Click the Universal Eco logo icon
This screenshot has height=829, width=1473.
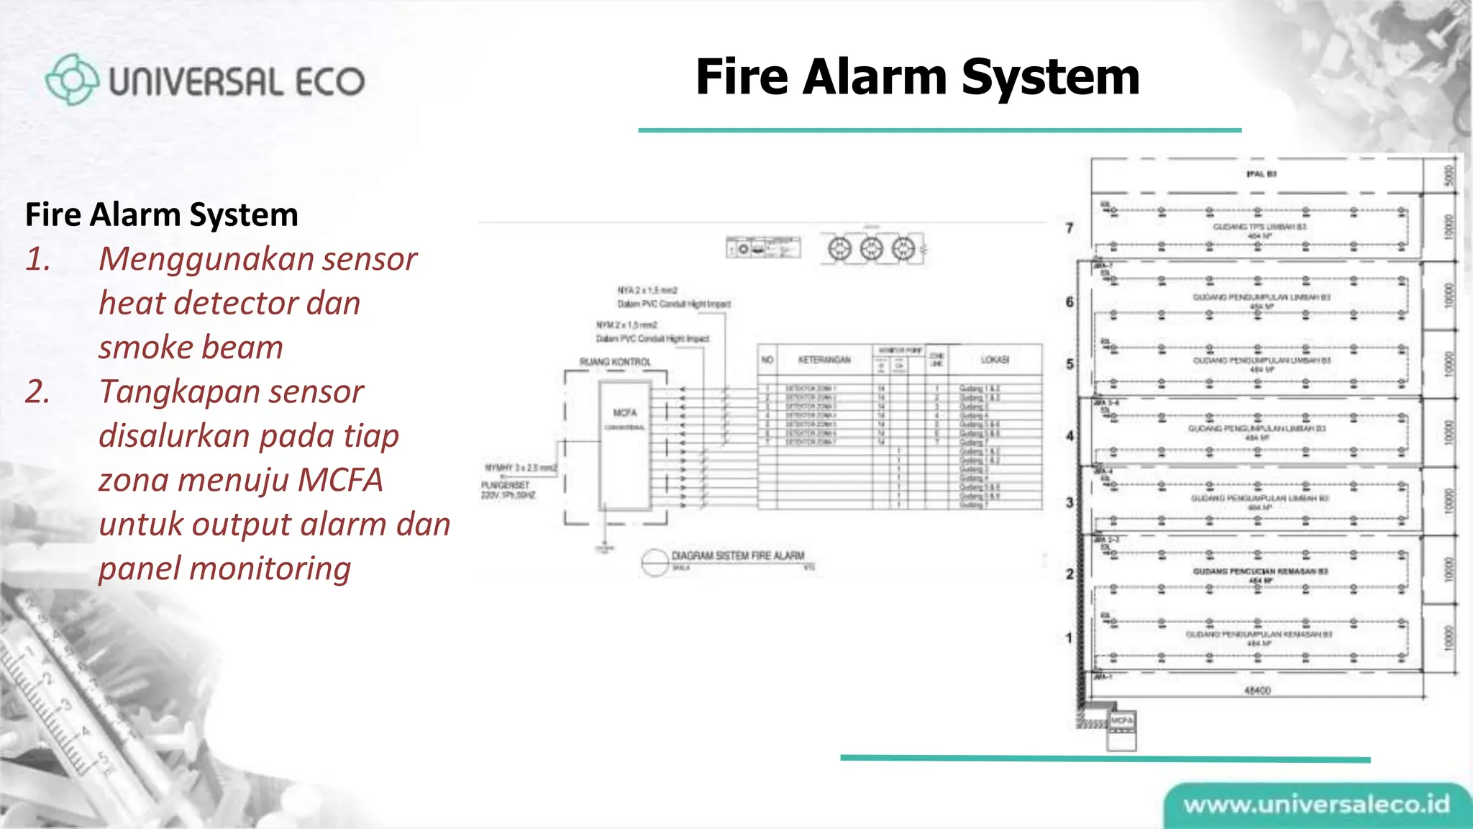click(x=71, y=79)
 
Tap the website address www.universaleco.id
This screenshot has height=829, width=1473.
click(x=1316, y=805)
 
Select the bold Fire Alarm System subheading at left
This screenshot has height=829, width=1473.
click(x=161, y=214)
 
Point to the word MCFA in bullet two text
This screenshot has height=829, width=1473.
click(x=339, y=480)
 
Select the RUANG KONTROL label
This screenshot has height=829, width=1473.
click(x=615, y=361)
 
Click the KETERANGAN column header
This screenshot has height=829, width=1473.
click(x=824, y=359)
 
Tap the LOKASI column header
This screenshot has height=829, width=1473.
click(x=995, y=359)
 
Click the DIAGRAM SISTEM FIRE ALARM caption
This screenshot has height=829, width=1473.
click(x=737, y=556)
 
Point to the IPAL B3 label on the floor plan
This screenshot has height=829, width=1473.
click(x=1262, y=174)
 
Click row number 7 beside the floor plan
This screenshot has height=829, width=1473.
click(x=1070, y=228)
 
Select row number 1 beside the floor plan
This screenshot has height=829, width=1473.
click(x=1070, y=638)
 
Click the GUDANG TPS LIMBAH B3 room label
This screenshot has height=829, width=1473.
click(x=1259, y=227)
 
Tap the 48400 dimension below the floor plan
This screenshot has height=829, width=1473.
click(x=1257, y=690)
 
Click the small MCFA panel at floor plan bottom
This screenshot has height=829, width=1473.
click(x=1121, y=721)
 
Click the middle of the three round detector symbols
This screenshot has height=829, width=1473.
click(x=871, y=249)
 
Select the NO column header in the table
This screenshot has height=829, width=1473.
click(x=767, y=359)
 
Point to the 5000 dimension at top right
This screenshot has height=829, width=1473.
click(x=1449, y=174)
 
